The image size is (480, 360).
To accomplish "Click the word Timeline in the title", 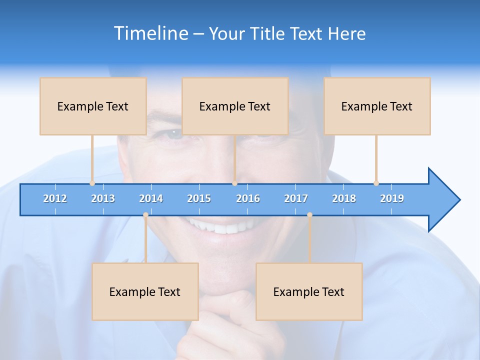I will point(150,33).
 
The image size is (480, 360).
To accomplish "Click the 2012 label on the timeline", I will point(55,198).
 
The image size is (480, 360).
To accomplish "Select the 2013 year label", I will point(103,198).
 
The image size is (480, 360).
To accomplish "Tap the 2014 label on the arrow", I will point(151,198).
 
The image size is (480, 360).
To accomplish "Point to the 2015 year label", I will point(199,198).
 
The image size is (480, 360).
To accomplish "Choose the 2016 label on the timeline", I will point(248,198).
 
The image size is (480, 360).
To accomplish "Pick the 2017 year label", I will point(296,198).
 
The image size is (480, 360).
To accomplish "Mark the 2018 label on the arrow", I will point(344,198).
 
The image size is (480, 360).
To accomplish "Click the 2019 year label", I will point(392,198).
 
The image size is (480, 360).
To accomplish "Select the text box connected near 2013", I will point(93,106).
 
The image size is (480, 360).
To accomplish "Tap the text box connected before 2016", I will point(235,106).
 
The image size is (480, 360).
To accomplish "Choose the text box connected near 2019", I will point(377,106).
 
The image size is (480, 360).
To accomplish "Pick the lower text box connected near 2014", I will point(145,291).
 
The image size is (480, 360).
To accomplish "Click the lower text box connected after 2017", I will point(309,291).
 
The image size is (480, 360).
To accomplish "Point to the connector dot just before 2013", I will point(92,183).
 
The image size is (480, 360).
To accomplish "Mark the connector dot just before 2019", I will point(376,183).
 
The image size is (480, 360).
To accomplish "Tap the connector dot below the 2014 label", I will point(145,215).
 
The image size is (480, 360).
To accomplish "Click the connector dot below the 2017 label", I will point(309,215).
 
